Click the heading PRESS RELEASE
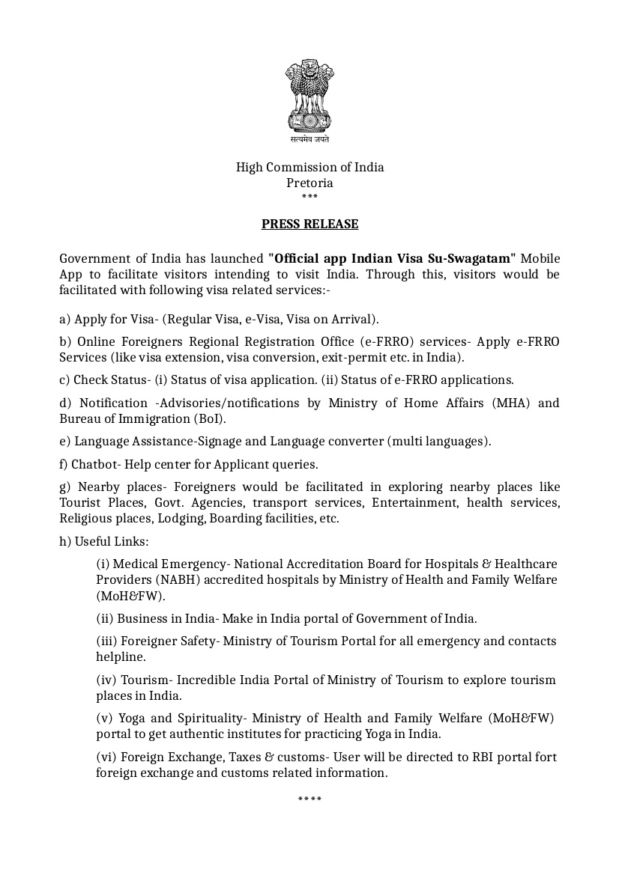309,224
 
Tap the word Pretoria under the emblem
309,183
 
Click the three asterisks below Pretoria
309,198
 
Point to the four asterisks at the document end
309,800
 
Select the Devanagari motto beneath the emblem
309,140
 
